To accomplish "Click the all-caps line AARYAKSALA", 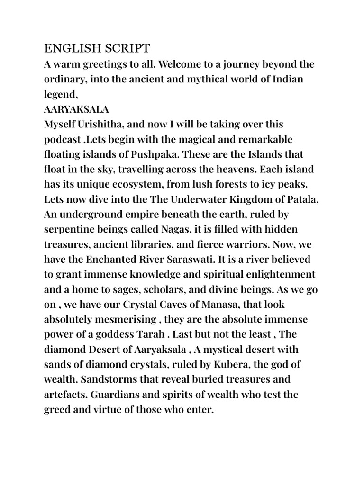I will coord(76,109).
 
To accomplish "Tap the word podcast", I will coord(63,140).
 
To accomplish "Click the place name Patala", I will coord(300,200).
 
